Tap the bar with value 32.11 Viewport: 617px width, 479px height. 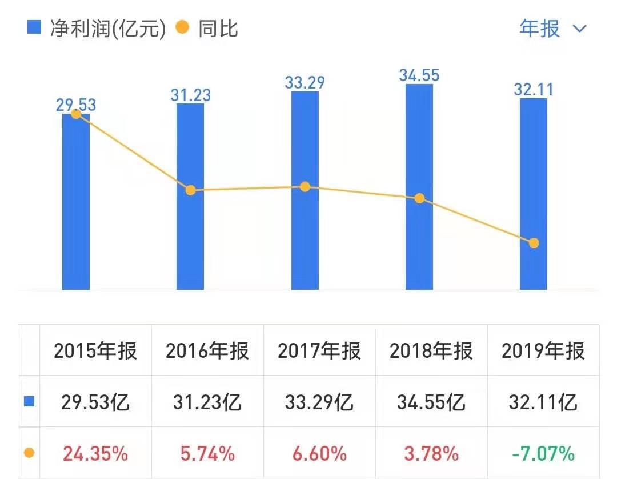[534, 194]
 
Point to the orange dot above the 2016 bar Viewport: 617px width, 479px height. [191, 190]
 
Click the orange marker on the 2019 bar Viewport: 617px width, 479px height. [534, 243]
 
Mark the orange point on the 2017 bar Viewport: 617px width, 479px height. [305, 187]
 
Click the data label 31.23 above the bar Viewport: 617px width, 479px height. [191, 95]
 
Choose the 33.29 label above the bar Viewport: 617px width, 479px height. [305, 83]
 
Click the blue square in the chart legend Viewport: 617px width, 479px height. [34, 27]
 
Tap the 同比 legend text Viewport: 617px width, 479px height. [218, 28]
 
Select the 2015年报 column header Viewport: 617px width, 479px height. [96, 350]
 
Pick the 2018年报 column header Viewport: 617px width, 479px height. [431, 350]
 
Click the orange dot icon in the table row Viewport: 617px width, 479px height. [29, 453]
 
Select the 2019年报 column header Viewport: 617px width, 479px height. [543, 350]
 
